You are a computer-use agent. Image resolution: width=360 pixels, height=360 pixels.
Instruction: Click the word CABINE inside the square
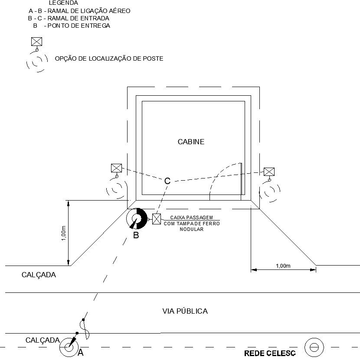point(191,142)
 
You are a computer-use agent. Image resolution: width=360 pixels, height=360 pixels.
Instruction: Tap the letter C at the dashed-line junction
point(167,181)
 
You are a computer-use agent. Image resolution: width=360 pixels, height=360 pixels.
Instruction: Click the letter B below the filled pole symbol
point(136,236)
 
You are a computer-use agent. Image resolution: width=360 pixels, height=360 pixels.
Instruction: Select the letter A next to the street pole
point(80,353)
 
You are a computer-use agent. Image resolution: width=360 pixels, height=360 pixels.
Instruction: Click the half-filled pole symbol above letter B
point(137,219)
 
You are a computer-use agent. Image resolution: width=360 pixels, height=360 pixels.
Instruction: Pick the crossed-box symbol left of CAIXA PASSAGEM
point(157,218)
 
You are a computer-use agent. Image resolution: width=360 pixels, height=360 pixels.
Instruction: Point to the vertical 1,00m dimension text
point(64,233)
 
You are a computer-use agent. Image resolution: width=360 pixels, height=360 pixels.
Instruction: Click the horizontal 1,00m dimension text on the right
point(283,266)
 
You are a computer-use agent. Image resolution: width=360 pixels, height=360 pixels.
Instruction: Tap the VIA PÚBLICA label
point(185,311)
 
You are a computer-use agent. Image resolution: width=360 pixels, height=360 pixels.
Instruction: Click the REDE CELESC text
point(270,353)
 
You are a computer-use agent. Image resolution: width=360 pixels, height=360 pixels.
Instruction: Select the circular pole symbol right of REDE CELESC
point(314,347)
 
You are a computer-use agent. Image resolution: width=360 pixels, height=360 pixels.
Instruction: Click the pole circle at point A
point(69,347)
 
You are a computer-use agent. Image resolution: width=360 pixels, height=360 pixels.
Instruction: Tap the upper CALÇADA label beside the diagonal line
point(39,275)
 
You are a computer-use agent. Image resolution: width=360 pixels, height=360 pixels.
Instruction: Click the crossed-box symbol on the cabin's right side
point(269,172)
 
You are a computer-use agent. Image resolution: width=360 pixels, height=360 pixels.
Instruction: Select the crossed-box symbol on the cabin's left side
point(116,168)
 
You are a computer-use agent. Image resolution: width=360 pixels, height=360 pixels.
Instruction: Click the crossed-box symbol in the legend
point(37,42)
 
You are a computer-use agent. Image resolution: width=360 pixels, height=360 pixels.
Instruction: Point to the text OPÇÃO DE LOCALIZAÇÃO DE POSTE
point(109,58)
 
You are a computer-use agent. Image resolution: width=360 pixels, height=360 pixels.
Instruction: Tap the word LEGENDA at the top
point(64,3)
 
